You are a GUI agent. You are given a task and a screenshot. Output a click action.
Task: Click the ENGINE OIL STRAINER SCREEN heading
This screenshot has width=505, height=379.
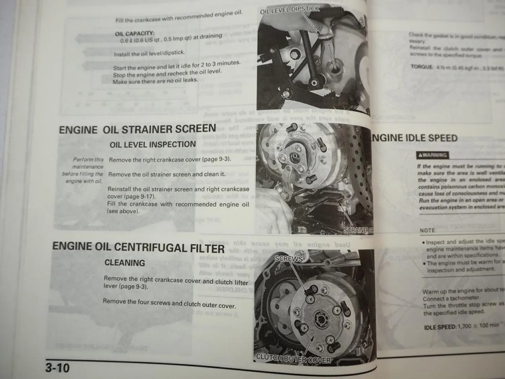[137, 129]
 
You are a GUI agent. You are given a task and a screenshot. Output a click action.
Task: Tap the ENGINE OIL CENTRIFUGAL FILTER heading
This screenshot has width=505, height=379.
[138, 248]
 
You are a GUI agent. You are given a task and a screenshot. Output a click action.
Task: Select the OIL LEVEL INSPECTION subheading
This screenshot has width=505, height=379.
[153, 145]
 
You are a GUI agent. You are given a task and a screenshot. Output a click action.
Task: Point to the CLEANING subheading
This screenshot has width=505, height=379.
[125, 263]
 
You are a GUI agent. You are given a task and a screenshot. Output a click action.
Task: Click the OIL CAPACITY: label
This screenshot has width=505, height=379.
[135, 34]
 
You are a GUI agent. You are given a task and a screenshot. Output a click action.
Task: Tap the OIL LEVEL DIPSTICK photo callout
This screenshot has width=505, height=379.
[290, 10]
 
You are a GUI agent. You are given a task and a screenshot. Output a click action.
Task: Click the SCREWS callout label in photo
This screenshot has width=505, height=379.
[289, 259]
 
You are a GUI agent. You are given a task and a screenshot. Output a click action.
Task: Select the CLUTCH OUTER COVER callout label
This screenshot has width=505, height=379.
[293, 359]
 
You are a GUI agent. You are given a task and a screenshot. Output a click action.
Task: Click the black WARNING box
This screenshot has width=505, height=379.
[433, 155]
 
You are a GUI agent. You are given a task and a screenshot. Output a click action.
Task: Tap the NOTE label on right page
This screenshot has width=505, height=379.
[427, 230]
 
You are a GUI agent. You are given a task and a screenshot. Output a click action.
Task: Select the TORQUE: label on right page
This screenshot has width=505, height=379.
[422, 67]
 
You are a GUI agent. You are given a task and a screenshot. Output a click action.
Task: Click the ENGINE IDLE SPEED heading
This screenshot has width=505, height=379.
[414, 138]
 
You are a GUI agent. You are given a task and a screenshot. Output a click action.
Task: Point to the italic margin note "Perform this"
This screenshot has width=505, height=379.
[88, 159]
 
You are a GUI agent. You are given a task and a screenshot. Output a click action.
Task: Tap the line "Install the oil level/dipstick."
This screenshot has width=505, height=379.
[149, 54]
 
